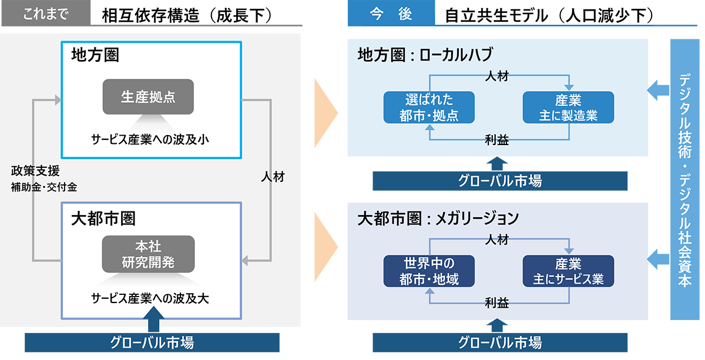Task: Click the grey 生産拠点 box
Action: pos(148,97)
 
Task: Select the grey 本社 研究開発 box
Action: pos(148,254)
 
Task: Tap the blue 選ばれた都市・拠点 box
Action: pos(429,107)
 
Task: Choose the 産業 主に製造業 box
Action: pos(568,107)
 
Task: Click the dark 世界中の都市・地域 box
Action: pos(429,271)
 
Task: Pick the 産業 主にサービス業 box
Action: pos(568,271)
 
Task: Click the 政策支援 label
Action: pos(35,171)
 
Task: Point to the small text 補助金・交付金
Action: pos(44,187)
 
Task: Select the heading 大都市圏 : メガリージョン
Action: pos(438,218)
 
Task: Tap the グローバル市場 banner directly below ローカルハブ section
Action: pos(499,181)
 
